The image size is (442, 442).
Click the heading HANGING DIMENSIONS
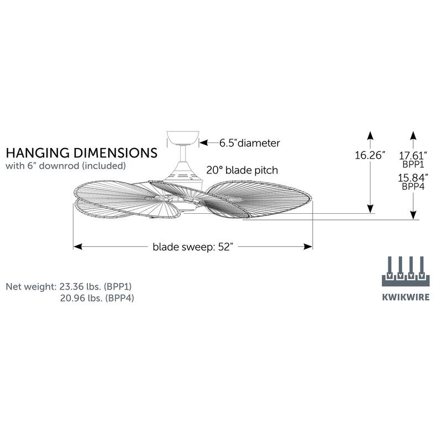pos(81,152)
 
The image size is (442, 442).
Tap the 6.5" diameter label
pos(249,143)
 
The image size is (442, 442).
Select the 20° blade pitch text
pos(243,170)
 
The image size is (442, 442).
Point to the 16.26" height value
pos(370,156)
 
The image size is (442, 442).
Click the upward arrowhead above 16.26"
pos(370,135)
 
